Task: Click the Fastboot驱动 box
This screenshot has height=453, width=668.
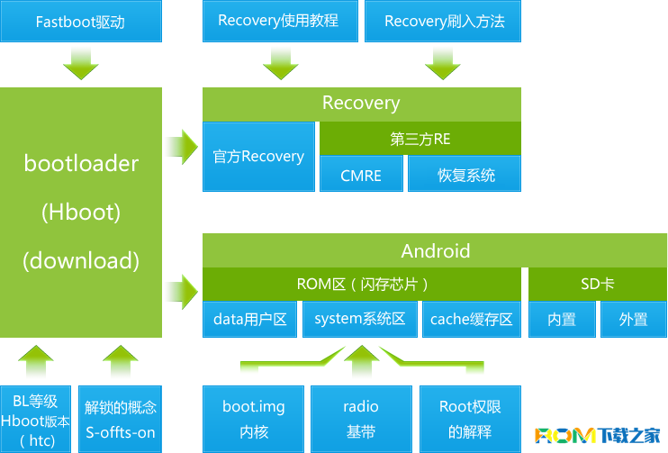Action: click(x=80, y=22)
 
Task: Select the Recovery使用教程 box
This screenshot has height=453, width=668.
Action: click(x=278, y=22)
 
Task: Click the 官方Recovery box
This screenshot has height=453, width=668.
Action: click(x=258, y=157)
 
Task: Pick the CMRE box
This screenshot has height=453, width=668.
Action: click(x=361, y=174)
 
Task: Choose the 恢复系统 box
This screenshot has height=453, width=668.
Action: click(x=465, y=174)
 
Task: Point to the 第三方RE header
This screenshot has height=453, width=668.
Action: click(x=420, y=139)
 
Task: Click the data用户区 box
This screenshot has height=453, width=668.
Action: click(x=250, y=319)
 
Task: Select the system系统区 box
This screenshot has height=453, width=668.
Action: click(x=360, y=319)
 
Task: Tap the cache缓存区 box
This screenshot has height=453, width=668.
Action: click(x=471, y=319)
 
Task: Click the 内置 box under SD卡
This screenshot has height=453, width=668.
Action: click(x=562, y=319)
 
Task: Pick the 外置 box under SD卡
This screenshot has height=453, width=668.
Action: click(x=633, y=319)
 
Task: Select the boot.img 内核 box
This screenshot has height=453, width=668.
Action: click(x=253, y=419)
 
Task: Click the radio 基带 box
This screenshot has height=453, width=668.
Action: click(x=361, y=419)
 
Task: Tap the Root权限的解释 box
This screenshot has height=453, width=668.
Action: click(x=469, y=419)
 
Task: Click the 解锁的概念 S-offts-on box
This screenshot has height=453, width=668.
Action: click(x=121, y=419)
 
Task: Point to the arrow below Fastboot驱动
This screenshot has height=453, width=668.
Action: click(x=81, y=63)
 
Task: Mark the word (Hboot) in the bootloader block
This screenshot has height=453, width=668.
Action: click(x=81, y=213)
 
